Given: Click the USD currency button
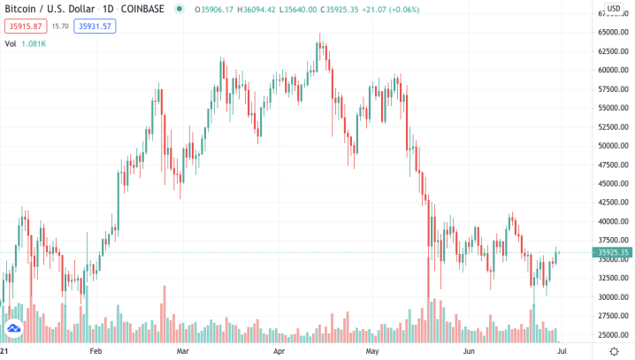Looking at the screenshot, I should [612, 8].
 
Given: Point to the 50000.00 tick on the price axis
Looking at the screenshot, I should [613, 146].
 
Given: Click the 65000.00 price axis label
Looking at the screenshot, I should [613, 32].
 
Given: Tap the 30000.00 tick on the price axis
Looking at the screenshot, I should [613, 297].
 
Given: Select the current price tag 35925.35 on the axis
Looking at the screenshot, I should [613, 253].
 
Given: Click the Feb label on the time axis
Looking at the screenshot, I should [96, 351].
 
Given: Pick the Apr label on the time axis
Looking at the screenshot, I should [279, 351].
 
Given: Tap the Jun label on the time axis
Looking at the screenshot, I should [469, 351].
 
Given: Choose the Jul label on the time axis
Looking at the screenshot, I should [560, 351].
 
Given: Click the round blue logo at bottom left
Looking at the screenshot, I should [14, 331].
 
